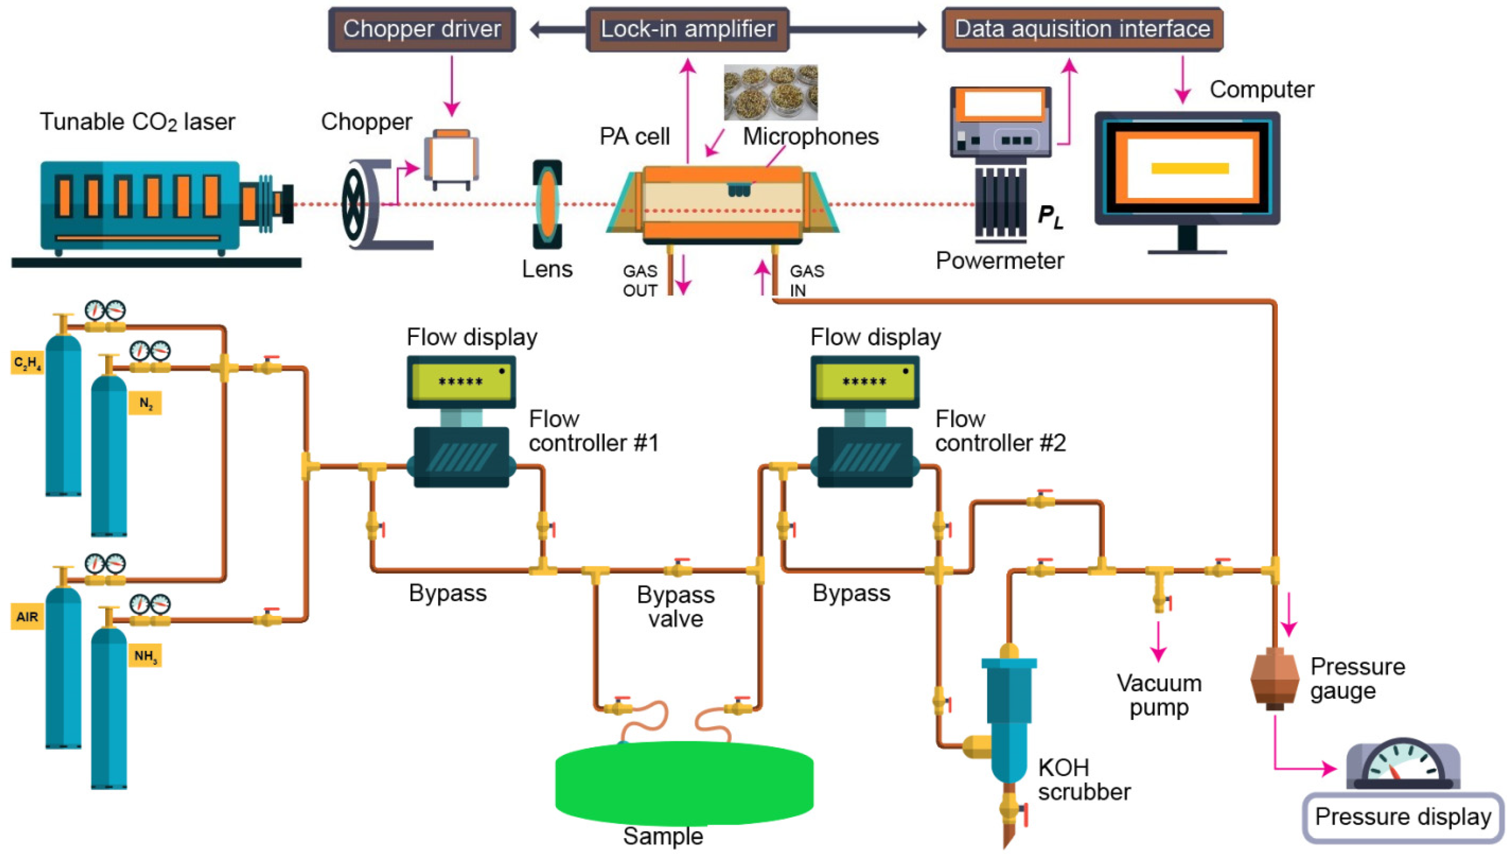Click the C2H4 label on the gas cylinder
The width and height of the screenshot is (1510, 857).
coord(27,363)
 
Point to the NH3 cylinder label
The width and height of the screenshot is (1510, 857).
coord(145,656)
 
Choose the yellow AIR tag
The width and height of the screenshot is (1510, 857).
coord(27,617)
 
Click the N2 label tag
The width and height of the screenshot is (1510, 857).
coord(145,403)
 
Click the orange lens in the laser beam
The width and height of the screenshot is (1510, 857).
coord(547,204)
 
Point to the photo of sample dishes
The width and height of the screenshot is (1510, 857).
coord(771,92)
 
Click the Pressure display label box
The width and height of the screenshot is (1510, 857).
coord(1403,817)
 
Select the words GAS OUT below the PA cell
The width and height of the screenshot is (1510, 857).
coord(640,281)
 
